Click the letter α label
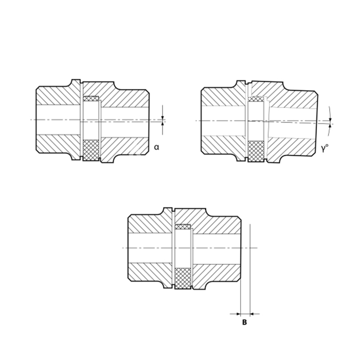coord(156,147)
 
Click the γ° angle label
coord(325,149)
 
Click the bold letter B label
coord(244,322)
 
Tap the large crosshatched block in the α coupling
coord(91,150)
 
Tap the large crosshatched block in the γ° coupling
coord(256,151)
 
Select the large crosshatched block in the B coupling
coord(183,278)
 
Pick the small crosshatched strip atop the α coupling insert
coord(91,99)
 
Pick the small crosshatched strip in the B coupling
coord(183,227)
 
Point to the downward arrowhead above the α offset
coord(163,118)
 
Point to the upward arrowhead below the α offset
coord(163,124)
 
